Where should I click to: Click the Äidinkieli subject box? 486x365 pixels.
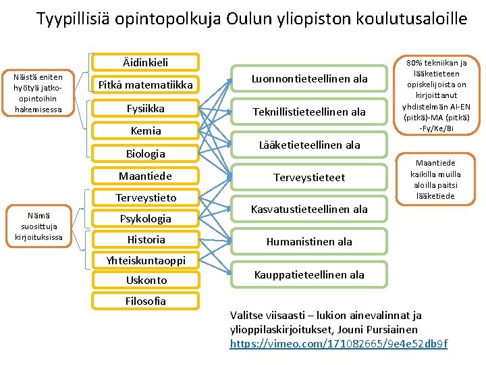(x=145, y=62)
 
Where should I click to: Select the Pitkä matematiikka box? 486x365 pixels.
(x=145, y=84)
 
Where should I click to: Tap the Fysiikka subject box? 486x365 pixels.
(x=145, y=108)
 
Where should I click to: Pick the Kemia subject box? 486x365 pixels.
(x=145, y=130)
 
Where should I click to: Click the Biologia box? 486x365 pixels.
(x=145, y=153)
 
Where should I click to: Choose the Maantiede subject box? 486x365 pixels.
(x=145, y=176)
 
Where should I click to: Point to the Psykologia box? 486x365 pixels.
(x=145, y=218)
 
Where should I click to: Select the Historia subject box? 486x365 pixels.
(x=145, y=239)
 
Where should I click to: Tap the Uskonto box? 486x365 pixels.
(x=145, y=280)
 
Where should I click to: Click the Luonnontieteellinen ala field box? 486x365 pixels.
(x=309, y=79)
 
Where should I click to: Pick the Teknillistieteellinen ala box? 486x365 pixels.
(x=309, y=112)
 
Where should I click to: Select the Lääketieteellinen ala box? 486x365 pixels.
(x=309, y=145)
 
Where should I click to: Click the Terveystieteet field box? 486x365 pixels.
(x=309, y=177)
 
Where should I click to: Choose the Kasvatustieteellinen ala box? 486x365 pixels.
(x=309, y=209)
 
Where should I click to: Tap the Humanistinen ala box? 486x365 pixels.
(x=309, y=241)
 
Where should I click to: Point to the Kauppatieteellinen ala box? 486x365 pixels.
(x=309, y=274)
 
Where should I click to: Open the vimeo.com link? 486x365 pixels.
(x=338, y=344)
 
